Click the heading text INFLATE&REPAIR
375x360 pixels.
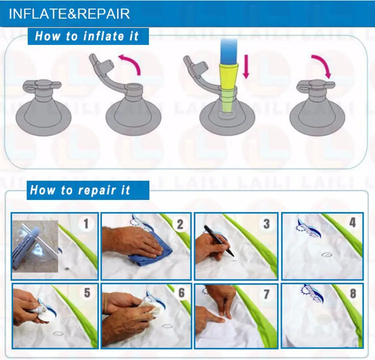tap(69, 13)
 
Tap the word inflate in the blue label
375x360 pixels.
tap(104, 36)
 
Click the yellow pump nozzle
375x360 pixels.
tap(229, 87)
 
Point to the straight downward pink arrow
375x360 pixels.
tap(246, 66)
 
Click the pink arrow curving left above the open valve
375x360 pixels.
tap(131, 61)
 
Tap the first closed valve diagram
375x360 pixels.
tap(43, 107)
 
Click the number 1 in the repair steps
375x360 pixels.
tap(86, 224)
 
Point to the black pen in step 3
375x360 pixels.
tap(218, 240)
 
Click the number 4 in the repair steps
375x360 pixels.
tap(352, 222)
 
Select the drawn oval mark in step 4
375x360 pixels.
tap(326, 255)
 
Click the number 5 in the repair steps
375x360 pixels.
tap(87, 293)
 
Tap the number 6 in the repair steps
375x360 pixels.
tap(181, 293)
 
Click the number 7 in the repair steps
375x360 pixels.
tap(266, 294)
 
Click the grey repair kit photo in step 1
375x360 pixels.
tap(35, 246)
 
